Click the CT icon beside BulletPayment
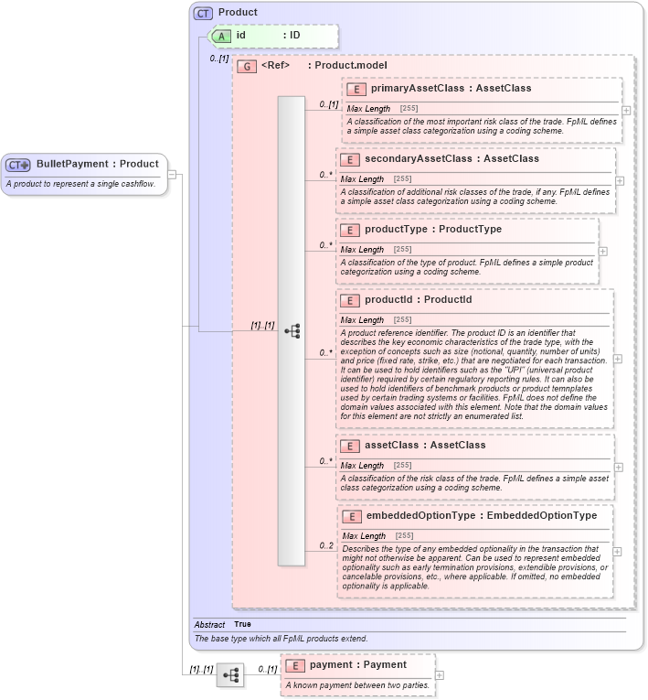point(18,164)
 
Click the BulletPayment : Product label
point(98,164)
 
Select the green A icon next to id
point(220,36)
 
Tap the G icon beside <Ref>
point(246,66)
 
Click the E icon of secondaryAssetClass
point(349,159)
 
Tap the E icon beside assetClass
point(349,446)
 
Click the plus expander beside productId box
point(618,359)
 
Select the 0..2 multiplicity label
point(325,546)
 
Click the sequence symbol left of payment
point(229,675)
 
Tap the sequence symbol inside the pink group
point(292,331)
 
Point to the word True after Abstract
point(242,624)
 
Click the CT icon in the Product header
point(203,13)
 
